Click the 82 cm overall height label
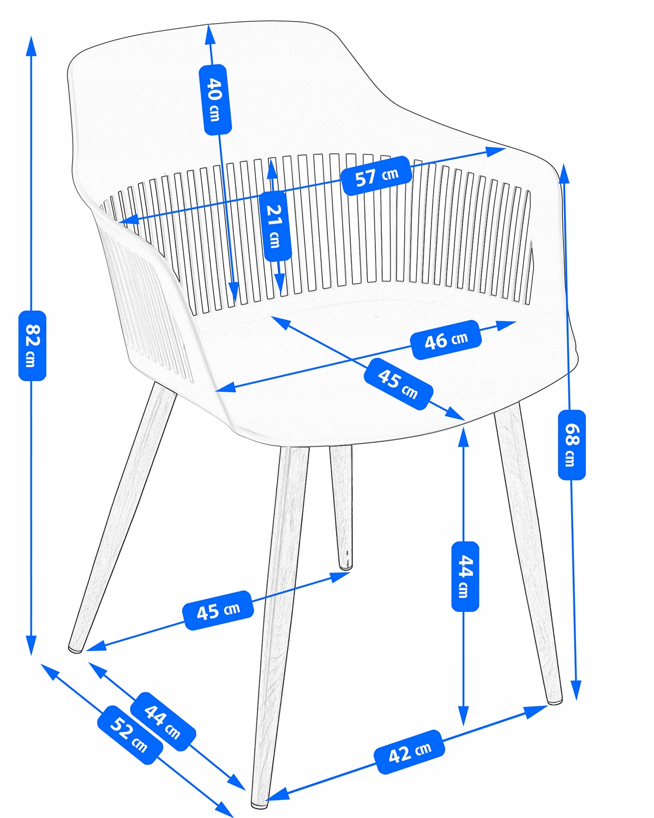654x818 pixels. click(x=32, y=346)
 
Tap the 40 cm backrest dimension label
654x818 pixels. click(x=215, y=99)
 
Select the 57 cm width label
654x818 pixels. click(x=376, y=176)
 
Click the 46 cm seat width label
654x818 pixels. click(x=446, y=339)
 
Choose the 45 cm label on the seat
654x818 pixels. click(x=398, y=384)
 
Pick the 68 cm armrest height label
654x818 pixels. click(x=572, y=445)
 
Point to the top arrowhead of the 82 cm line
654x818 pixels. click(x=32, y=46)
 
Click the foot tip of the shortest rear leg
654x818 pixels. click(x=345, y=568)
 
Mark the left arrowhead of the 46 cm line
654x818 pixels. click(x=226, y=387)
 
